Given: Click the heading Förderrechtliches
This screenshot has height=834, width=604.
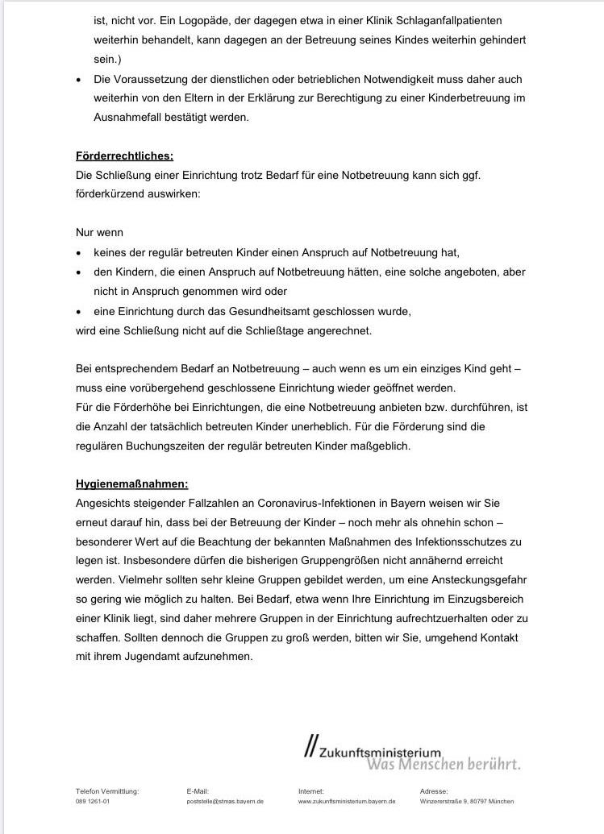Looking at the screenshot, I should tap(124, 156).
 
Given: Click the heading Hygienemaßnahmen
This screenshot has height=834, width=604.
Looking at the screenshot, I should tap(131, 483).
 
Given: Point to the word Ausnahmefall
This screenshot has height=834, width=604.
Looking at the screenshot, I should tap(131, 117).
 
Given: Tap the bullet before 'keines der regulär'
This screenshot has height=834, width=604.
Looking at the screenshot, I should tap(79, 253).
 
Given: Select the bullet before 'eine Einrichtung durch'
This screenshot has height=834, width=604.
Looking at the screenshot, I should tap(79, 312).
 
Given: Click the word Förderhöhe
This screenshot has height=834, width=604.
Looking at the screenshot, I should tap(126, 407).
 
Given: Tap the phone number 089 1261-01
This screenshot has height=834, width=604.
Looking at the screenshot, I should tap(93, 802).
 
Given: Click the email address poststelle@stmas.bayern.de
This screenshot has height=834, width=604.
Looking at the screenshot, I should tap(225, 802).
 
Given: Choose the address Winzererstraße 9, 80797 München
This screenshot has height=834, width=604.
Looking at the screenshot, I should tap(466, 802).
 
